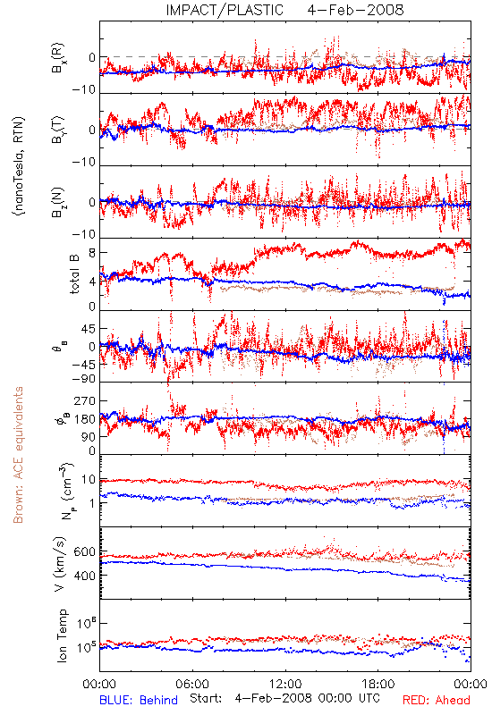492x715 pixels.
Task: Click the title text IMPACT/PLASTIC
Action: tap(225, 10)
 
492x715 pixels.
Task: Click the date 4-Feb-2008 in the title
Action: tap(355, 10)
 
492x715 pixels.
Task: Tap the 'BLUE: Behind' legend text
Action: tap(139, 700)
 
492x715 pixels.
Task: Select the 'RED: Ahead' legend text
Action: tap(436, 700)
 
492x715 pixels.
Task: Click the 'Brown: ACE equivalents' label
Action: tap(18, 455)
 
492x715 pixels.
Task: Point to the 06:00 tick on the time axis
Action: tap(192, 684)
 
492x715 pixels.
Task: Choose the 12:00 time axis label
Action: tap(285, 684)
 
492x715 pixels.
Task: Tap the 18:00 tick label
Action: tap(378, 684)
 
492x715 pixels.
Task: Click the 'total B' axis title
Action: tap(74, 274)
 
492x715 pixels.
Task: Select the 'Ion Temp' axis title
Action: tap(62, 635)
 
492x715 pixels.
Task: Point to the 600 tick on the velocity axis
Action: tap(84, 551)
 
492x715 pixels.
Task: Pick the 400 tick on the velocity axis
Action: tap(84, 576)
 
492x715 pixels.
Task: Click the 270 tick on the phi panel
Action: tap(85, 400)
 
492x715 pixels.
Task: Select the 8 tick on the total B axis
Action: tap(92, 252)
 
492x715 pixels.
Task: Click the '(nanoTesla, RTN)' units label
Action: tap(19, 165)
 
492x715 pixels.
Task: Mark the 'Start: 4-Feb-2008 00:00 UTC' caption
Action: tap(284, 698)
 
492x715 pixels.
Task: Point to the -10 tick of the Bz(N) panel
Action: tap(83, 234)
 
